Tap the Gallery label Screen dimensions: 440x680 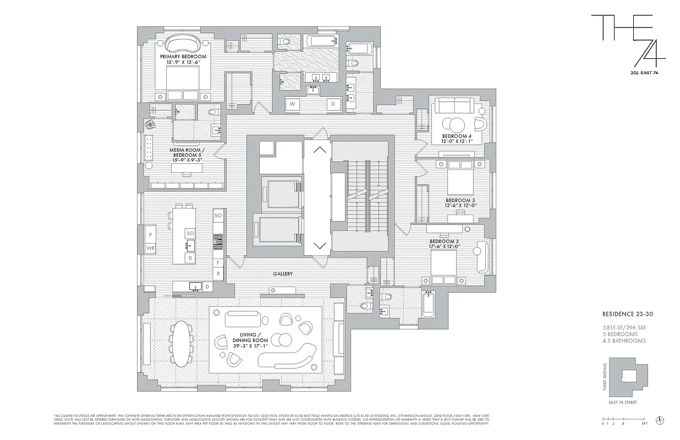[283, 273]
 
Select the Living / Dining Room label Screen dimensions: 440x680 [254, 337]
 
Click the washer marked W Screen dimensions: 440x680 [293, 103]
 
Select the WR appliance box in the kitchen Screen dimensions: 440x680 [150, 249]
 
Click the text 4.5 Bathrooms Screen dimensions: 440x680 [623, 340]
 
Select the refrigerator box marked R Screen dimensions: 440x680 [218, 273]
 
